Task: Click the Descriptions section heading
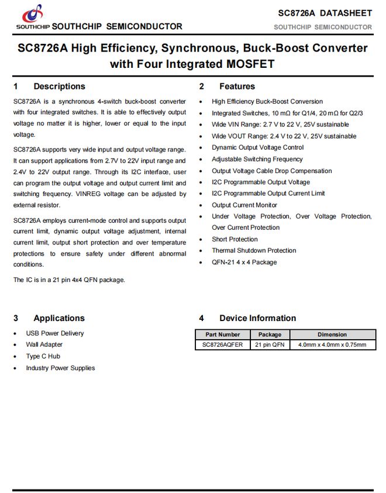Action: click(x=59, y=87)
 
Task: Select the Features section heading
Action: click(x=237, y=87)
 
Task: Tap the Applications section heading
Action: click(x=58, y=319)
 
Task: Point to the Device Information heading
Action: click(x=257, y=319)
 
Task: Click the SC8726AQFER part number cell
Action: click(x=222, y=345)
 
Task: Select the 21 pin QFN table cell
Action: click(x=270, y=345)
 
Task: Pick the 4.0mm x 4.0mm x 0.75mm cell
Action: click(x=332, y=345)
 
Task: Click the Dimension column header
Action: click(x=332, y=335)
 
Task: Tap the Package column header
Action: click(x=270, y=335)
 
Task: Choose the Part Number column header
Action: click(x=222, y=335)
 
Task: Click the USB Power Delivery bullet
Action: click(x=54, y=333)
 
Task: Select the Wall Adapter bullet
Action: click(x=44, y=345)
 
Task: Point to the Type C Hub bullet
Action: click(x=43, y=356)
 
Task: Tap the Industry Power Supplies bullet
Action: click(x=60, y=368)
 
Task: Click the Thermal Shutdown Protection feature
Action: click(x=254, y=250)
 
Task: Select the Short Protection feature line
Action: click(x=235, y=239)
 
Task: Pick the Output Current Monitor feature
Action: click(x=244, y=205)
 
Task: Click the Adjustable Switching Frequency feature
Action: click(x=257, y=159)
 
